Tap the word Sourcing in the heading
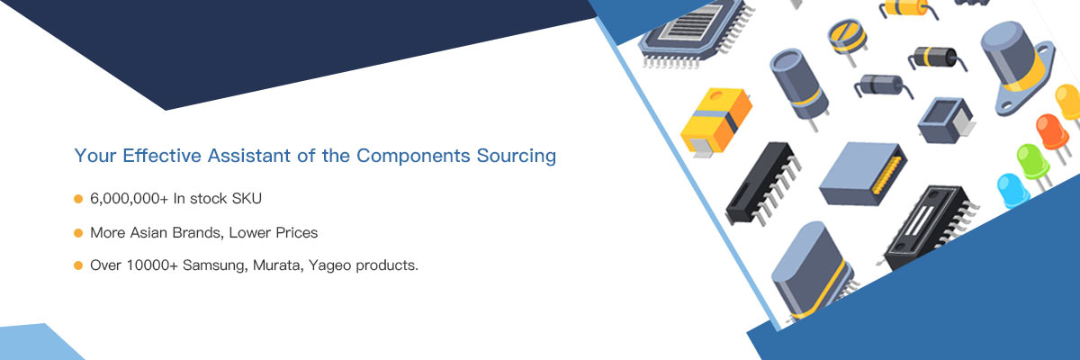(x=517, y=157)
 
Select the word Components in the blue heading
(x=413, y=157)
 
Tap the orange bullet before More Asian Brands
(x=78, y=233)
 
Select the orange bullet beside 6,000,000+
(x=78, y=199)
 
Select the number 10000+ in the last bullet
(x=152, y=265)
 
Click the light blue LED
(x=1013, y=192)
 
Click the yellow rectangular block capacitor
(x=715, y=121)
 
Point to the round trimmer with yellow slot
(x=848, y=40)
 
